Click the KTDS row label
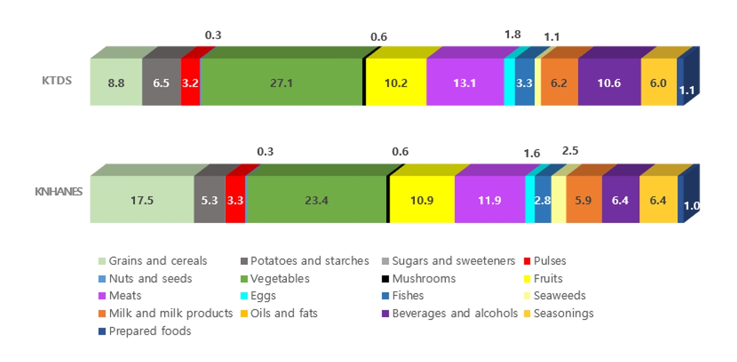tap(57, 80)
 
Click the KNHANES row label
tap(59, 192)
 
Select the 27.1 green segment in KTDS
tap(283, 83)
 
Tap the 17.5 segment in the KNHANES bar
tap(142, 200)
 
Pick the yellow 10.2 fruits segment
tap(396, 83)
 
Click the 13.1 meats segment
tap(465, 83)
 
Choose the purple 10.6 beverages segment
tap(609, 83)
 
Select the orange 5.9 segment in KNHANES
tap(583, 200)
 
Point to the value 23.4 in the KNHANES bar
tap(317, 200)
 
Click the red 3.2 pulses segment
tap(190, 83)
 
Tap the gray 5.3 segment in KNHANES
tap(209, 200)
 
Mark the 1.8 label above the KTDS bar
tap(512, 35)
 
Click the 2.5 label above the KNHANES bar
tap(570, 151)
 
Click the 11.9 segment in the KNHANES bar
tap(490, 200)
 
